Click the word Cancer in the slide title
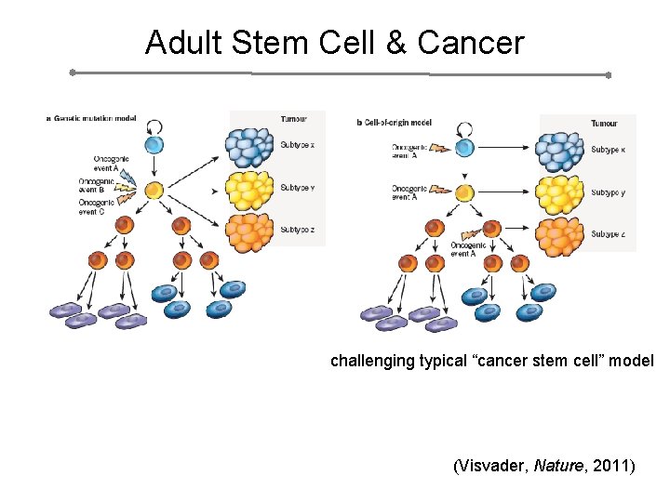(x=471, y=43)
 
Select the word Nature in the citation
(x=559, y=465)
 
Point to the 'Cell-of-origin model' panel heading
(x=398, y=123)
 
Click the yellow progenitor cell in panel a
(x=154, y=190)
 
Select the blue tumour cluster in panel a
(x=251, y=146)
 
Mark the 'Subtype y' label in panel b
(x=608, y=192)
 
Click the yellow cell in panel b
(x=464, y=192)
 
